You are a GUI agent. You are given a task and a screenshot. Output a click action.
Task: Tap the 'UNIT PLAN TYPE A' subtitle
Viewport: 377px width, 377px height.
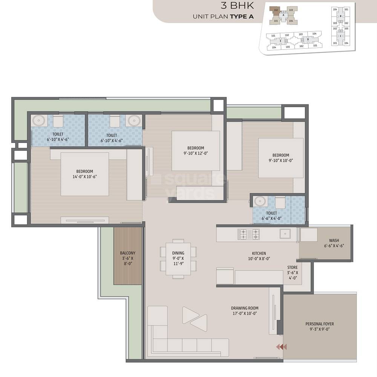tap(223, 17)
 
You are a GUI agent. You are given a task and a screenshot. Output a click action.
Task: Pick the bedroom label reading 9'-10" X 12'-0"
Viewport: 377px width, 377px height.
tap(195, 150)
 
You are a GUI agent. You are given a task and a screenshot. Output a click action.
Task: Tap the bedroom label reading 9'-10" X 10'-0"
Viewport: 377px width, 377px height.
tap(280, 158)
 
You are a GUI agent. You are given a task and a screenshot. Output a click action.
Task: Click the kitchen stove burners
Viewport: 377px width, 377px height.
tap(248, 234)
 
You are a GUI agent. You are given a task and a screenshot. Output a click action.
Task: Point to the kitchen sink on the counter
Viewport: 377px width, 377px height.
tap(285, 234)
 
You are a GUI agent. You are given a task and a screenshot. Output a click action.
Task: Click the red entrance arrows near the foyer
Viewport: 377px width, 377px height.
tap(281, 347)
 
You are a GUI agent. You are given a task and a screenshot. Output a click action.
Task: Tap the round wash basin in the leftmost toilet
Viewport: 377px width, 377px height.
tap(38, 121)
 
